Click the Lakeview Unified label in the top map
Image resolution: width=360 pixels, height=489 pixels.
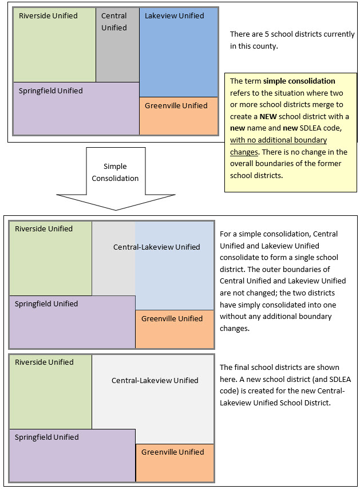174,16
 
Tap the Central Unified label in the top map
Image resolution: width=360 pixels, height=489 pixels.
114,22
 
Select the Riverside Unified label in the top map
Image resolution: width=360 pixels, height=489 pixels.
48,16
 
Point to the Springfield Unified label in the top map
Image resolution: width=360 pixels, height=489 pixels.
50,91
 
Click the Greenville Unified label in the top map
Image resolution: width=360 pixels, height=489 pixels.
176,106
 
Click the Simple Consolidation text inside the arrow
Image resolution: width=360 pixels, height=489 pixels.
115,172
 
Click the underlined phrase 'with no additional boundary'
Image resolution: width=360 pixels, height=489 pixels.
278,140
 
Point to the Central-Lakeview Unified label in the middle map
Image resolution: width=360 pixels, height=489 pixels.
156,247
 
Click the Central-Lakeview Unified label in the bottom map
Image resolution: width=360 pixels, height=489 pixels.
155,381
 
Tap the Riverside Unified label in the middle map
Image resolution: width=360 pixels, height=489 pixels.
43,229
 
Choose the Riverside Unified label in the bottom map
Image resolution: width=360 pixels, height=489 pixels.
43,362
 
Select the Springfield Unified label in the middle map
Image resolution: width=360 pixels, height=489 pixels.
46,304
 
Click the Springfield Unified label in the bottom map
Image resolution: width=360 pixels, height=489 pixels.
46,437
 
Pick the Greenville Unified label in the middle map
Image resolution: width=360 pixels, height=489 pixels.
172,319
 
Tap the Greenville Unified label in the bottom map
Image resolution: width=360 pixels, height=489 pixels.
172,452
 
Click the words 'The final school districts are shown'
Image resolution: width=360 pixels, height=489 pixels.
279,368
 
